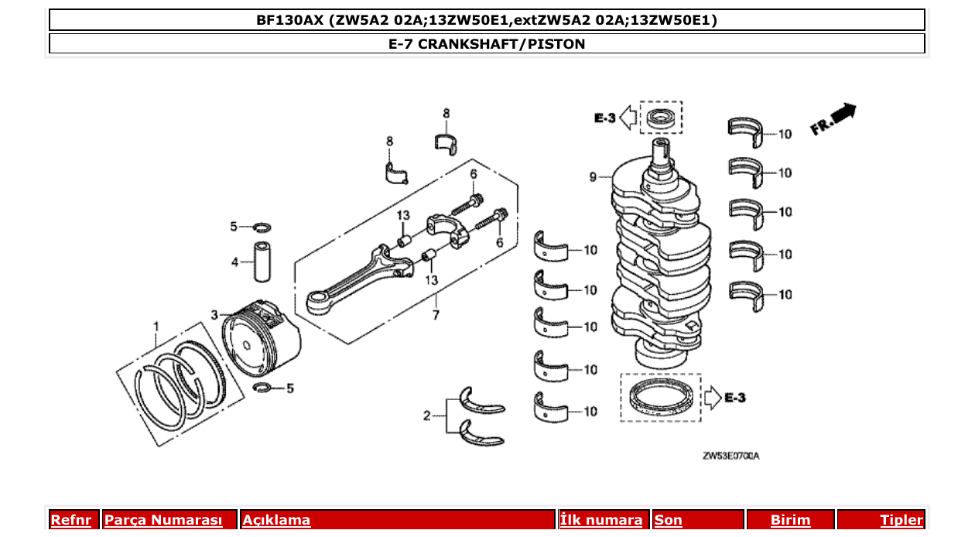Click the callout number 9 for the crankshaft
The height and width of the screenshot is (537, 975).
point(593,178)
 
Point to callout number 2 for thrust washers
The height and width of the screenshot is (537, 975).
point(426,416)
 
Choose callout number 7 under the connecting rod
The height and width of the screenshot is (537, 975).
point(436,315)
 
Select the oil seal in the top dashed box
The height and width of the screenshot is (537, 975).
point(660,118)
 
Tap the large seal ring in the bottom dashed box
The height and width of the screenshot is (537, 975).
point(660,398)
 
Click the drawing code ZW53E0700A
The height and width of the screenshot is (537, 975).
point(730,456)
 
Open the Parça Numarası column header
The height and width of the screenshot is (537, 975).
point(163,520)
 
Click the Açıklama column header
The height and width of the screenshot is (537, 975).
point(276,520)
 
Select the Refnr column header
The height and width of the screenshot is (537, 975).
point(70,520)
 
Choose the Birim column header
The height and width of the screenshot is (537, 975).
point(790,520)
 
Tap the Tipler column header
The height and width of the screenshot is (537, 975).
point(901,520)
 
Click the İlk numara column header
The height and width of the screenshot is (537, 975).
point(600,520)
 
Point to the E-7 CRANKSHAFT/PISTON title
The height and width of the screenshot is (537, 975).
point(487,44)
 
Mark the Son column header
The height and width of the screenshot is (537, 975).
point(669,520)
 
